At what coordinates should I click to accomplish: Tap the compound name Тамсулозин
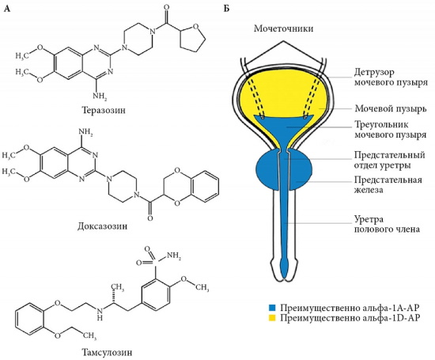[x=102, y=349]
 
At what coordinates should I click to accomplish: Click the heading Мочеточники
[x=285, y=28]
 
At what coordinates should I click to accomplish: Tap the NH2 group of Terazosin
[x=94, y=93]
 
